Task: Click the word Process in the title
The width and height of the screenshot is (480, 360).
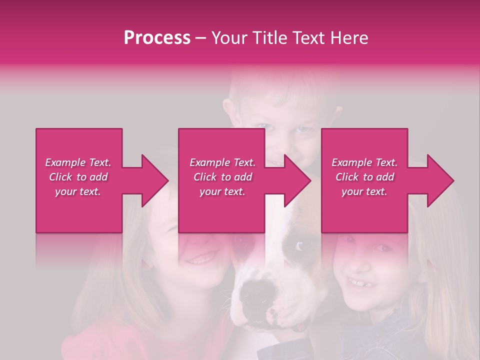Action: [x=157, y=38]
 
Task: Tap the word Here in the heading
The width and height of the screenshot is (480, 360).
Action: [x=349, y=38]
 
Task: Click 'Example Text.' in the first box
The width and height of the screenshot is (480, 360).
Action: [x=78, y=162]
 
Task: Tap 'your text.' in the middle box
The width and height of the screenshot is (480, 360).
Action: [x=222, y=191]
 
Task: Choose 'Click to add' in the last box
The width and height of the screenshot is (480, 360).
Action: [x=365, y=177]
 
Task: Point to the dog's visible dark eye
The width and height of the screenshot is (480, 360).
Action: [x=300, y=246]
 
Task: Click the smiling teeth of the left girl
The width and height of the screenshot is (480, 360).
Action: [x=202, y=259]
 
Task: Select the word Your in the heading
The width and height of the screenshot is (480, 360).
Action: [x=230, y=38]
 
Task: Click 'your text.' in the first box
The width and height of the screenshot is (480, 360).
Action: [x=78, y=191]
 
